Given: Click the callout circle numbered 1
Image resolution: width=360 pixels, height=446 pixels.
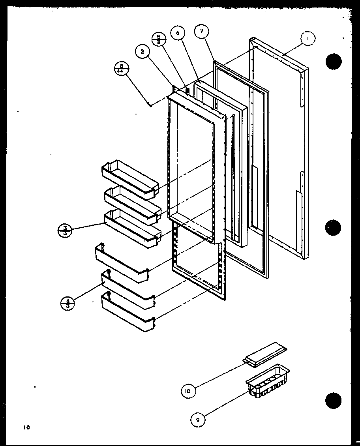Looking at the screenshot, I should (307, 39).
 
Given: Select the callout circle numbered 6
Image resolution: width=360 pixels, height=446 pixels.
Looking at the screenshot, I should (178, 33).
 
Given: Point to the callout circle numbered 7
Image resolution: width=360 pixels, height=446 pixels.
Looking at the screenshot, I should (201, 32).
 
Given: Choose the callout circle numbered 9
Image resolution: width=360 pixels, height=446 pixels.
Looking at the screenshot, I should (197, 420).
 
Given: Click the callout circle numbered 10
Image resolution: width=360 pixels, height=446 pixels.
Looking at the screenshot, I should (188, 391).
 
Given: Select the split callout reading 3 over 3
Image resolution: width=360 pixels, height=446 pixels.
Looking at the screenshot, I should (65, 230).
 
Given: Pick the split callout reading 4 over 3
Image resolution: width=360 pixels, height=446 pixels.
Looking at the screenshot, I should (67, 304).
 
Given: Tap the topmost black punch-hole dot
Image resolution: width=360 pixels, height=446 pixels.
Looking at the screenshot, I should (334, 61).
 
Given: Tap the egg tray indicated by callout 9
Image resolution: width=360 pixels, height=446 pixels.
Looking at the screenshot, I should (268, 380).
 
